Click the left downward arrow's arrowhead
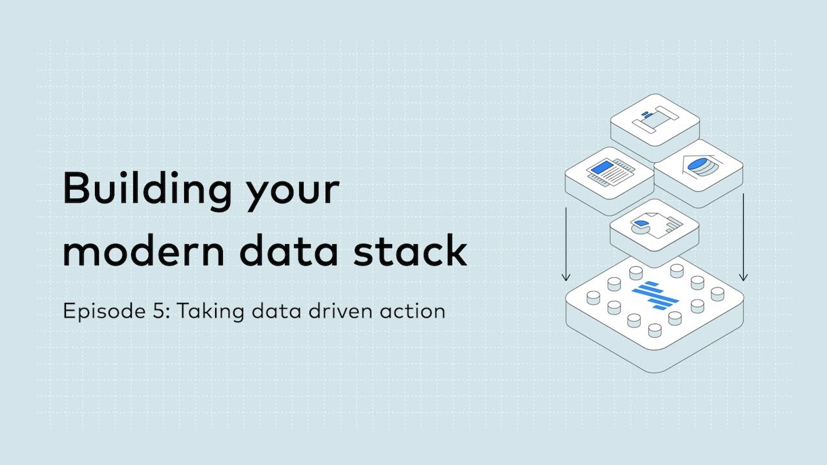566,278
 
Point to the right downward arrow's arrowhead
744,278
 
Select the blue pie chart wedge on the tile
641,225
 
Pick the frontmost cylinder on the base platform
654,331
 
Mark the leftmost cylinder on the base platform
592,297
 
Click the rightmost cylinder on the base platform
717,294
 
